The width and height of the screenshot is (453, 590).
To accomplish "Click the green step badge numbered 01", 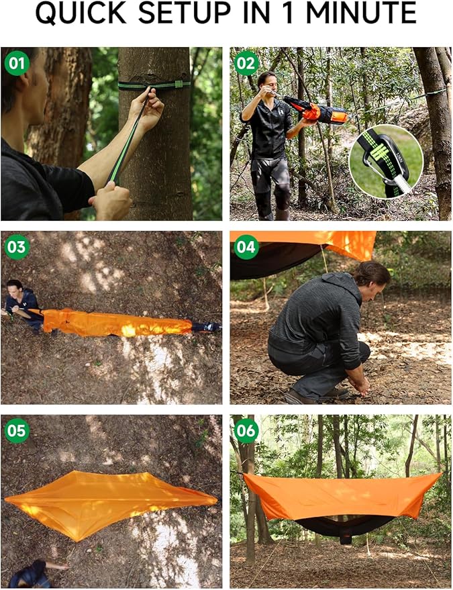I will (x=17, y=64).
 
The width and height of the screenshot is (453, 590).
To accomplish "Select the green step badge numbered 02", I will (x=246, y=64).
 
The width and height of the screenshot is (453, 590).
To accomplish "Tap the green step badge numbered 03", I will (x=17, y=248).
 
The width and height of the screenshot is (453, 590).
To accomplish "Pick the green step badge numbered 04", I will (x=246, y=248).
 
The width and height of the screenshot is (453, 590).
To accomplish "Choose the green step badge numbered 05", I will (x=17, y=430).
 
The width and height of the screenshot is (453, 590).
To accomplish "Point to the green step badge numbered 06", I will (x=246, y=430).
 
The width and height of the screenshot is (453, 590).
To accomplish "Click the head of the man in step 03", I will (x=13, y=288).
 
